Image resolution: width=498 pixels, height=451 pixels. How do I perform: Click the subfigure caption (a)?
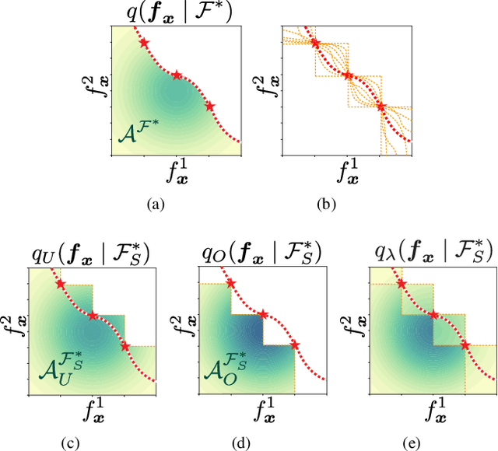pos(156,205)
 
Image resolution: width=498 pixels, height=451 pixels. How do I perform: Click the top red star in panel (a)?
pos(144,44)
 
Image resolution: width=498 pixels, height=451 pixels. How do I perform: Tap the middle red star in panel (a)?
pos(177,75)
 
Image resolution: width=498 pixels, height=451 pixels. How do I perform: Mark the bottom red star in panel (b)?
pos(381,107)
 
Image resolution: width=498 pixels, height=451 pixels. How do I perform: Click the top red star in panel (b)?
pos(315,43)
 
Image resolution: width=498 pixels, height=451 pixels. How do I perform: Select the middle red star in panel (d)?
pos(263,315)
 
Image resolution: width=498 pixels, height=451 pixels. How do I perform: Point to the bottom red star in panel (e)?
pos(465,344)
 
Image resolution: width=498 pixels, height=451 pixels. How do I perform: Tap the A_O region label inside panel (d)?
pos(229,370)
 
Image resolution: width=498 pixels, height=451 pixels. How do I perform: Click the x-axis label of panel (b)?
pos(348,173)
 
